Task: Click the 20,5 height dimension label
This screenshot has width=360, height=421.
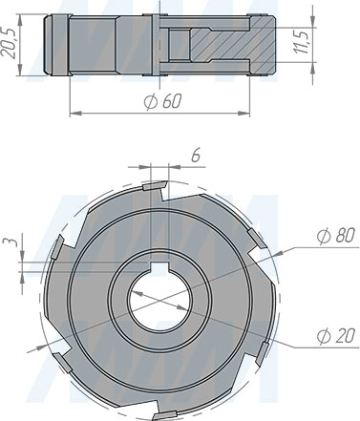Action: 11,44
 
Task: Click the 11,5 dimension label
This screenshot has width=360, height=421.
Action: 301,41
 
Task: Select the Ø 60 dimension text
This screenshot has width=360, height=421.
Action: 162,101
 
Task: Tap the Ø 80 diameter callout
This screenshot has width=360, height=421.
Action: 336,236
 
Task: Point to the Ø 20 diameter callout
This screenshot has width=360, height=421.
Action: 336,336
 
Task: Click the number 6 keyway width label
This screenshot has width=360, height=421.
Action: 196,156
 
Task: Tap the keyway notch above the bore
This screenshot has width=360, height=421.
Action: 159,266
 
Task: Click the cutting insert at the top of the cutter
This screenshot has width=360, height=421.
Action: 155,185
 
